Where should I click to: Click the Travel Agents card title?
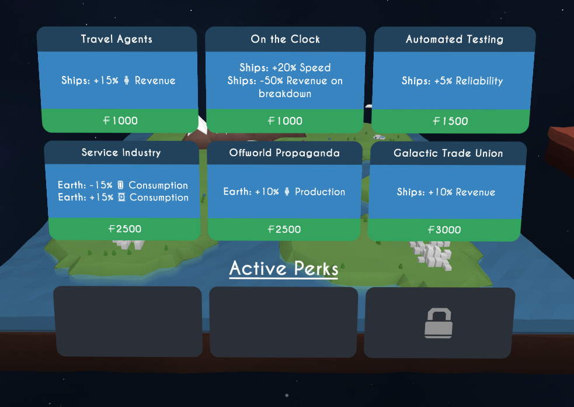[116, 39]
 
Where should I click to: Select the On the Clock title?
[285, 39]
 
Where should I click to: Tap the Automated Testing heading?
[454, 39]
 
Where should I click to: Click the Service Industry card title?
[121, 153]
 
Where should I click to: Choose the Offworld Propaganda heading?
[285, 153]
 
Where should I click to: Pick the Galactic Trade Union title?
[448, 153]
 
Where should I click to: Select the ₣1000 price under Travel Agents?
[120, 120]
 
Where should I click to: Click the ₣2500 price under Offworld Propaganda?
[284, 229]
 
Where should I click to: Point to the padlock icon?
[439, 323]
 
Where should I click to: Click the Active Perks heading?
[284, 268]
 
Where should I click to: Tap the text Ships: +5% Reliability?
[452, 81]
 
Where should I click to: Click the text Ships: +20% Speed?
[285, 68]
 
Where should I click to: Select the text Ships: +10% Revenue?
[446, 192]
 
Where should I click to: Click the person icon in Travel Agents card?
[126, 81]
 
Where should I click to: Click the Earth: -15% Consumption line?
[123, 185]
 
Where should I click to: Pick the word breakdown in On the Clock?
[285, 94]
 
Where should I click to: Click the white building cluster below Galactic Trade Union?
[430, 255]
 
